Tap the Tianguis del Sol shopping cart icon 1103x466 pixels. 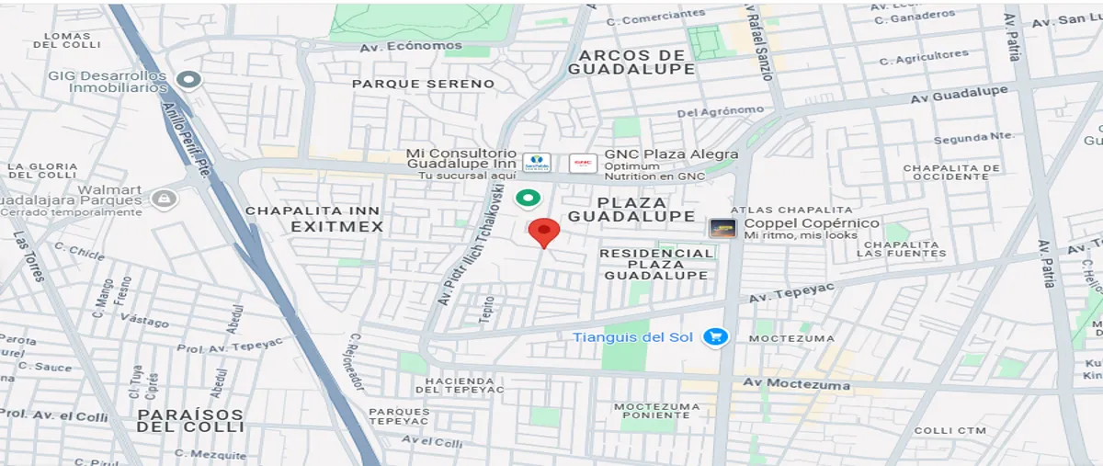(x=715, y=337)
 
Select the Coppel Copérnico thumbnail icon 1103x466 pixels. (x=722, y=228)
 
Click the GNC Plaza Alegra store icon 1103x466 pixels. (x=583, y=163)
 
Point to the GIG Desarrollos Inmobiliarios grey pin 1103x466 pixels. (x=189, y=80)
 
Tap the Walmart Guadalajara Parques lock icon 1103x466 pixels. (x=164, y=199)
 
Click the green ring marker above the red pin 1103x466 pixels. (x=527, y=198)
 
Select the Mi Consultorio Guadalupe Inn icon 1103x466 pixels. (x=537, y=163)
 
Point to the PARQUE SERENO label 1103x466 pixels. (x=423, y=84)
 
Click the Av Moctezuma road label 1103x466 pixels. (x=796, y=384)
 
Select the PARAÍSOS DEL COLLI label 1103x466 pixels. (x=190, y=421)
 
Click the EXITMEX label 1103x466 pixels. (x=335, y=226)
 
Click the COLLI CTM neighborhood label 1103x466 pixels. (x=950, y=430)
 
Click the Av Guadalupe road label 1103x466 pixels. (x=959, y=94)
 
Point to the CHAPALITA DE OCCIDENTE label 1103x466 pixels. (x=950, y=172)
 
